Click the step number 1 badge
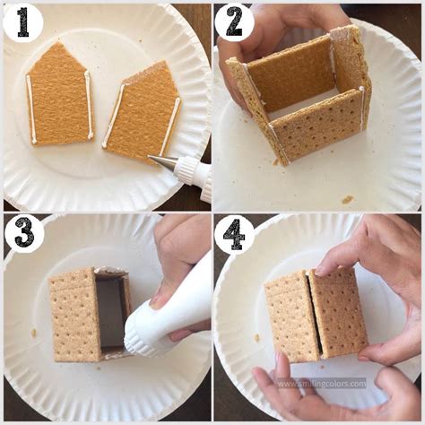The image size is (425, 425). click(22, 22)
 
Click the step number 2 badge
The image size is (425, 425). click(234, 22)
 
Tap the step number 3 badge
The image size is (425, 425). click(22, 232)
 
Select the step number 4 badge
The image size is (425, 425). click(234, 234)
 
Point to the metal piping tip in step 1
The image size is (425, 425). click(163, 162)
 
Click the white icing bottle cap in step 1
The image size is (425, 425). click(191, 170)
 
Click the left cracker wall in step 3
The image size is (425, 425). click(74, 313)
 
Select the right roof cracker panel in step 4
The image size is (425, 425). click(337, 310)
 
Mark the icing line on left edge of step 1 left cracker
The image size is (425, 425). click(30, 108)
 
